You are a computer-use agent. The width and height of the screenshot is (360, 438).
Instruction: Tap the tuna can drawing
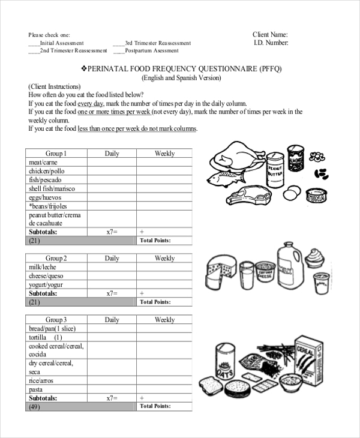pyautogui.click(x=316, y=195)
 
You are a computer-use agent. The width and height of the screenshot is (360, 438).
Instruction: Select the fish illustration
pyautogui.click(x=226, y=178)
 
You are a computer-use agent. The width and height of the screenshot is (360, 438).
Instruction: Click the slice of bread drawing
pyautogui.click(x=210, y=385)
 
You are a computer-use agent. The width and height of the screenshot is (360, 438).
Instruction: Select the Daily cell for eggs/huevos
pyautogui.click(x=112, y=197)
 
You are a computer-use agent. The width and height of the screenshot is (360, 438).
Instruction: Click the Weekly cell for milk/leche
pyautogui.click(x=164, y=267)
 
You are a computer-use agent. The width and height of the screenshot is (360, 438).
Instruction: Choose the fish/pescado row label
pyautogui.click(x=44, y=180)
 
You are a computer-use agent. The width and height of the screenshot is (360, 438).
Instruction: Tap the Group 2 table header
pyautogui.click(x=56, y=258)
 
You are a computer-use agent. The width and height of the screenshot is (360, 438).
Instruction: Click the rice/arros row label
pyautogui.click(x=41, y=381)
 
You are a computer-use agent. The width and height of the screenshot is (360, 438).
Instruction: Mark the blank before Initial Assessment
pyautogui.click(x=34, y=43)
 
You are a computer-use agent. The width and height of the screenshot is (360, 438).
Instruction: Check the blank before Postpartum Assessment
pyautogui.click(x=118, y=51)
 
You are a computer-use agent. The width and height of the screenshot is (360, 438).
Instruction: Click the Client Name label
pyautogui.click(x=270, y=34)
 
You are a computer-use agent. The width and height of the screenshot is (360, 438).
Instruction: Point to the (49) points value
pyautogui.click(x=34, y=406)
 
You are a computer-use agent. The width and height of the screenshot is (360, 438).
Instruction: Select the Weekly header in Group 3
pyautogui.click(x=164, y=320)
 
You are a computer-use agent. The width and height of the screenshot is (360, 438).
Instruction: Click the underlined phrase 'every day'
pyautogui.click(x=90, y=103)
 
